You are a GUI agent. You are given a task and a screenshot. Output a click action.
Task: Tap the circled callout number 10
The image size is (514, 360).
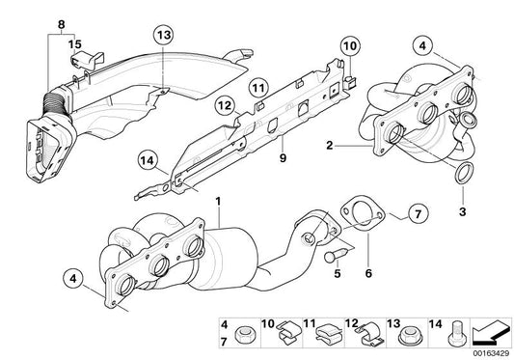tap(348, 44)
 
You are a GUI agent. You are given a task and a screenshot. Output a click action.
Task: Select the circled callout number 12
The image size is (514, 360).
tap(225, 103)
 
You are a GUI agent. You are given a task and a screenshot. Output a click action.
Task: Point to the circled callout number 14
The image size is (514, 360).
tap(146, 161)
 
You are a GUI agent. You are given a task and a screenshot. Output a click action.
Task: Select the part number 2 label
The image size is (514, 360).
tap(331, 146)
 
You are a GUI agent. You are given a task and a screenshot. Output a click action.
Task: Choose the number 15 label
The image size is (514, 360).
tap(74, 43)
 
